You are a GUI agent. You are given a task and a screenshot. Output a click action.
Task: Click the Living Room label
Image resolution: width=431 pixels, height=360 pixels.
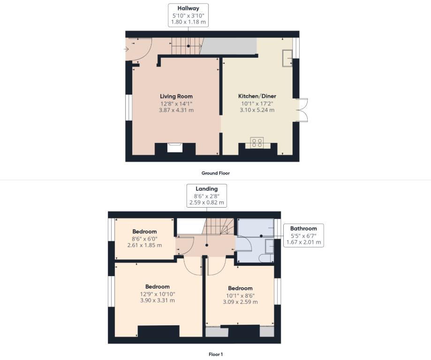(x=176, y=97)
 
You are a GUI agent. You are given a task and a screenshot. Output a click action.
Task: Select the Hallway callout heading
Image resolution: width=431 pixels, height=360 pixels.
(x=188, y=8)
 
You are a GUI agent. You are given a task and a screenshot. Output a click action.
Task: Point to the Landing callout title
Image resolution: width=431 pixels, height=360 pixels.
(x=206, y=189)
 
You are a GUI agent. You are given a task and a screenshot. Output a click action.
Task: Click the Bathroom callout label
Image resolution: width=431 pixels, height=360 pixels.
(x=303, y=228)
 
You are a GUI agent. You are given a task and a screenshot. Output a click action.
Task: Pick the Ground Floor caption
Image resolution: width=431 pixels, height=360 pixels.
(x=215, y=173)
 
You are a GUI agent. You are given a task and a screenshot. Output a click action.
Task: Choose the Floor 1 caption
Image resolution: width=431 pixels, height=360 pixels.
(x=216, y=354)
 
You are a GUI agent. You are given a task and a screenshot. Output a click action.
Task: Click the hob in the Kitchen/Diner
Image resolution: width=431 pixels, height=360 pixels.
(x=257, y=143)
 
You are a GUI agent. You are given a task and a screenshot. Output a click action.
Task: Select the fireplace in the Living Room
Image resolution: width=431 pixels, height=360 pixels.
(x=175, y=147)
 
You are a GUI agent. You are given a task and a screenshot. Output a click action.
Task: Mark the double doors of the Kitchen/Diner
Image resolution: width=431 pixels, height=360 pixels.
(x=302, y=110)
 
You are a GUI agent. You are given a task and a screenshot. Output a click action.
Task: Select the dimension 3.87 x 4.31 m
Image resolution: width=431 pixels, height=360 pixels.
(x=176, y=110)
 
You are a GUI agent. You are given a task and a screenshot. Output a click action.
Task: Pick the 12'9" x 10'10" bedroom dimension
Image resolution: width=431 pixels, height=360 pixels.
(x=157, y=294)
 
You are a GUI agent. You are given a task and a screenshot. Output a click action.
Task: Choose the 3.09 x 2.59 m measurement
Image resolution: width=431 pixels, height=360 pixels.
(x=240, y=302)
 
